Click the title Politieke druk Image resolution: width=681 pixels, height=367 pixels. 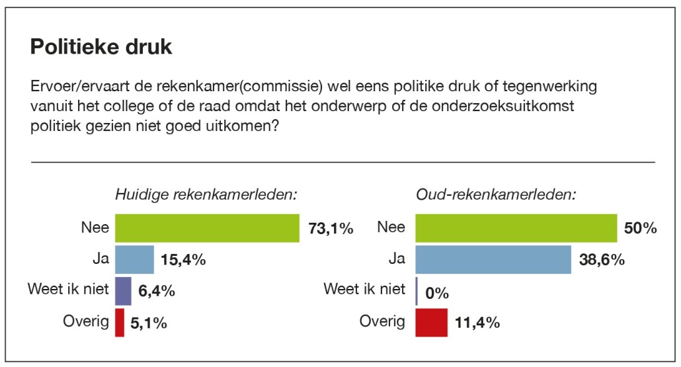pos(101,47)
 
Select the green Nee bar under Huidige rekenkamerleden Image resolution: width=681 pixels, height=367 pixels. pos(208,229)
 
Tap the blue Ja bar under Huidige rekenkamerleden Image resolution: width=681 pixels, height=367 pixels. pos(135,260)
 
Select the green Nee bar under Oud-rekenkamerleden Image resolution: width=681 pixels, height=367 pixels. pos(516,229)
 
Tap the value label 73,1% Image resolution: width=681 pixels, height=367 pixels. pos(331,229)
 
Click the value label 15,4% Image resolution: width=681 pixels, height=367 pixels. pos(184,260)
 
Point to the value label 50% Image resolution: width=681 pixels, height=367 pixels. pos(640,229)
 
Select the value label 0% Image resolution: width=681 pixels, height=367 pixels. pos(438,292)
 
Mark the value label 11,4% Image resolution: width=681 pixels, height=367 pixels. pos(477,323)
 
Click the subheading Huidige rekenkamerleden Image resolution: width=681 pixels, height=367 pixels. pos(206,195)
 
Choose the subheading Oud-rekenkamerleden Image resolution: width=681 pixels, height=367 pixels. pos(496,195)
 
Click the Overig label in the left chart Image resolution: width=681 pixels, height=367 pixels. pos(85,322)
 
